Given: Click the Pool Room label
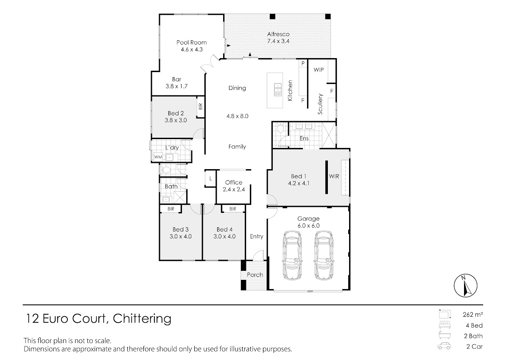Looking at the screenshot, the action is (x=192, y=42).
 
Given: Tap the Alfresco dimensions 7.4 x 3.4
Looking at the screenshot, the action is (x=278, y=41).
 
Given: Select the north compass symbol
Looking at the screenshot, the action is (x=466, y=285).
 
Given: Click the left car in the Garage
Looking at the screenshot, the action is (x=292, y=255).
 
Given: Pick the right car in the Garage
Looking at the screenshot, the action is (x=324, y=255).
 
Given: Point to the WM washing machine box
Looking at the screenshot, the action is (x=158, y=157).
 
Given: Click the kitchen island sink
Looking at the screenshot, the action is (x=278, y=90).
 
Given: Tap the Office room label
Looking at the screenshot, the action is (x=234, y=182).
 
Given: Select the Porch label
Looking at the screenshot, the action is (x=255, y=275).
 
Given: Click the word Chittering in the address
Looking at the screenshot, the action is (x=142, y=319).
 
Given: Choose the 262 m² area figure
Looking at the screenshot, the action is (x=473, y=315).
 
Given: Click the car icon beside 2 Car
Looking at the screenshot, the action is (x=444, y=346).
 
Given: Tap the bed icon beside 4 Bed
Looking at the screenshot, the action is (x=445, y=325).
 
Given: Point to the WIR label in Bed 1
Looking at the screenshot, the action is (x=334, y=176).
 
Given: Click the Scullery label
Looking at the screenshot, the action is (x=320, y=104).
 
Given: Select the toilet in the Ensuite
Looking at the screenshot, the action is (x=280, y=128).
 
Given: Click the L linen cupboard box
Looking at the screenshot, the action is (x=210, y=179).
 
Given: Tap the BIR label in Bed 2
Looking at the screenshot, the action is (x=200, y=106).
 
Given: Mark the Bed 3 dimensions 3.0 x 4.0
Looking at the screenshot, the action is (x=181, y=237).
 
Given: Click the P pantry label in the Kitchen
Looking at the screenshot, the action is (x=303, y=64).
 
